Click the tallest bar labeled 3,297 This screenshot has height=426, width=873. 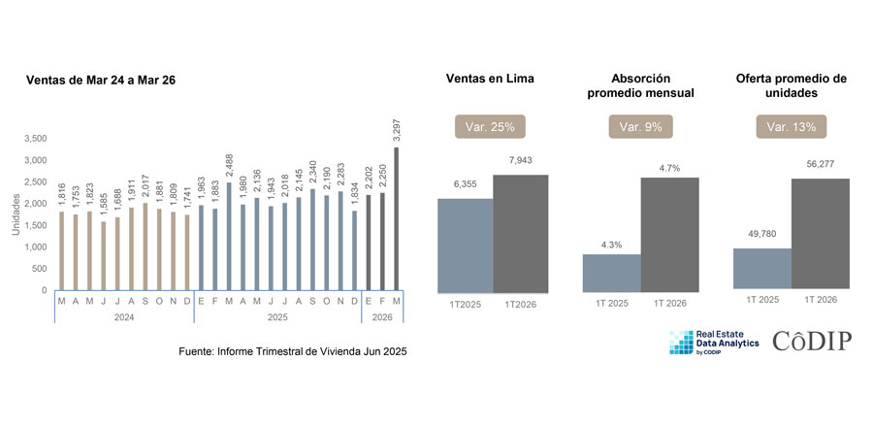(x=397, y=218)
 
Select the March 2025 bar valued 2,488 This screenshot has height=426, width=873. (x=229, y=236)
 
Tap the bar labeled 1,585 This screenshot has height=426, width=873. (x=104, y=255)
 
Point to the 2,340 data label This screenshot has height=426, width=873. (x=313, y=171)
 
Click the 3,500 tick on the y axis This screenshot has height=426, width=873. (x=36, y=139)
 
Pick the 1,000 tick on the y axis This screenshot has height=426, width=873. (x=36, y=247)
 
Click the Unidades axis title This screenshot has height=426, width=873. (x=16, y=214)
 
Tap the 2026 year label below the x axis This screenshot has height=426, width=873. (x=382, y=317)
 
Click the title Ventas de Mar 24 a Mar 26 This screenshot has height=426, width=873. (x=101, y=81)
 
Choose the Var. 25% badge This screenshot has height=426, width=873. (x=490, y=126)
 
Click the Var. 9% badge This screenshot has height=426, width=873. (x=641, y=126)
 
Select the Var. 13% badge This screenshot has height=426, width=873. (x=792, y=126)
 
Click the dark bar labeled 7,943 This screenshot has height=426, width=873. (x=521, y=234)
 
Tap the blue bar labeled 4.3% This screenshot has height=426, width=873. (x=612, y=273)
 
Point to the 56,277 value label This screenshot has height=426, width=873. (x=820, y=164)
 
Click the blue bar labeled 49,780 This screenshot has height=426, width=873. (x=762, y=269)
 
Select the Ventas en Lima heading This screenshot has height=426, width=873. (x=490, y=79)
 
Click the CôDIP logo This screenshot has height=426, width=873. (x=812, y=341)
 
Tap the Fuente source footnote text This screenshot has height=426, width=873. (x=293, y=352)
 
